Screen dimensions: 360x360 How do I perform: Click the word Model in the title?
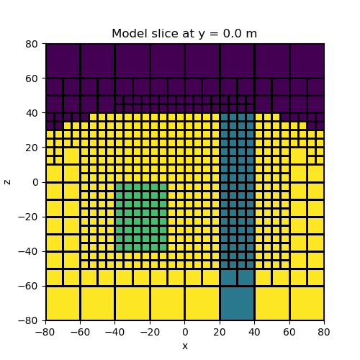coord(127,34)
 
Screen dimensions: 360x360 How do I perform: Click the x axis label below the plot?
coord(185,346)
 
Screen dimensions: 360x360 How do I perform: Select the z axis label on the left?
coord(8,181)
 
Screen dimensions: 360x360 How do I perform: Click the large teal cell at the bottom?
coord(237,303)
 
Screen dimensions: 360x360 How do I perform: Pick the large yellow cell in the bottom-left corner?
coord(63,303)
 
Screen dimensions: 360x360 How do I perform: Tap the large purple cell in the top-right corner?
coord(307,60)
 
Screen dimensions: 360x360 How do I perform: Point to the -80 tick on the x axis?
coord(46,333)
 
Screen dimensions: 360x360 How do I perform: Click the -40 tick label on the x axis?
coord(115,333)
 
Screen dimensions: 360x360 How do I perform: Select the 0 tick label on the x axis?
coord(185,333)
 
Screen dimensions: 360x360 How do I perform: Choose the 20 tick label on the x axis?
coord(220,333)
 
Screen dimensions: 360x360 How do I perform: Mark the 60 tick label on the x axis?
coord(289,333)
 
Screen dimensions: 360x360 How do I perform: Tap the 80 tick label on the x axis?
coord(324,333)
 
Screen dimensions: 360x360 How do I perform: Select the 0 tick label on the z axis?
coord(35,182)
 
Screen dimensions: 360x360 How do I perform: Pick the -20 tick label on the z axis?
coord(30,217)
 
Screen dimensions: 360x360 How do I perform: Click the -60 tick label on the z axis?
coord(30,286)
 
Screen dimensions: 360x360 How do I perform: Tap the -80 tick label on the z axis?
coord(30,320)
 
